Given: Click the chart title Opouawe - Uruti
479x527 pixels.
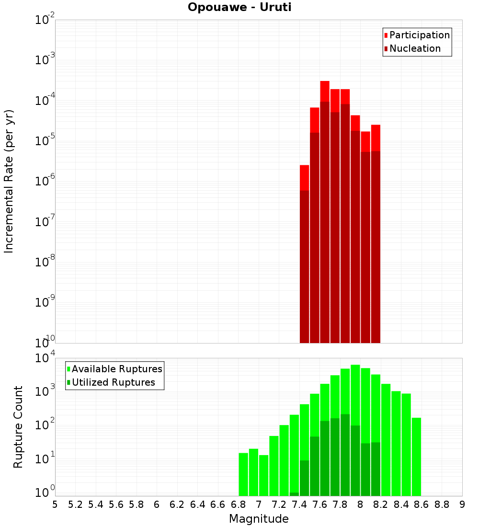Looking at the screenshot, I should pos(239,8).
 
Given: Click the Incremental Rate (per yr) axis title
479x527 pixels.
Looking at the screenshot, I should pos(9,182).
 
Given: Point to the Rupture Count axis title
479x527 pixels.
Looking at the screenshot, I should pos(18,427).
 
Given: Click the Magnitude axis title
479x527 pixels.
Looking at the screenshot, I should pos(259,519).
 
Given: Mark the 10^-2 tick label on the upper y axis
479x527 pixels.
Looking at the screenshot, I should pos(45,20).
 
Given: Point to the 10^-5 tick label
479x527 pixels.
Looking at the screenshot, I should pos(45,141).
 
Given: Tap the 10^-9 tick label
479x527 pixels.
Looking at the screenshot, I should pos(45,302).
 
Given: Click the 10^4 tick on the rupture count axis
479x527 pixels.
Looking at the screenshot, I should pos(46,358).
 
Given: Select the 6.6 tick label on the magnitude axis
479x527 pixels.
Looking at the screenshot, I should pos(218,504).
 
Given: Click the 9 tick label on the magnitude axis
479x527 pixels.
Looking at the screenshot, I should pos(462,504).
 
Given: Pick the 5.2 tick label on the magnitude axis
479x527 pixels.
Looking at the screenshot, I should pos(75,504).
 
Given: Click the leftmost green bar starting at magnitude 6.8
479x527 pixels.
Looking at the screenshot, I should pos(243,474).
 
